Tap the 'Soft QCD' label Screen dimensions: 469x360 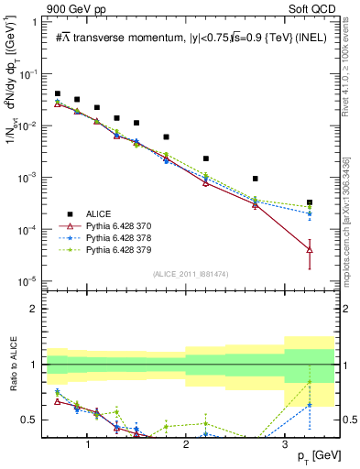(x=312, y=8)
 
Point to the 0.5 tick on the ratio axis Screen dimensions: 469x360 (x=33, y=420)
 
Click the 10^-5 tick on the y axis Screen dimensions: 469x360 (x=32, y=280)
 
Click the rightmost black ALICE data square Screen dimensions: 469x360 (x=310, y=202)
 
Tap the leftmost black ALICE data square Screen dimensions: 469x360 (x=58, y=93)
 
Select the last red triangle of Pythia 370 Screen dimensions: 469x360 (x=310, y=248)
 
